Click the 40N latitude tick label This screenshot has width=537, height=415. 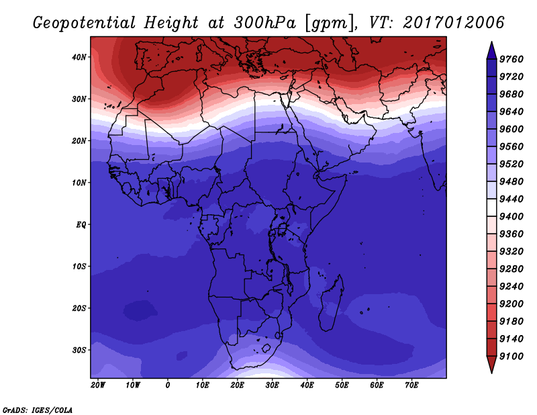click(x=79, y=57)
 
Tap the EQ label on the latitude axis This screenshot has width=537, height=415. click(x=81, y=225)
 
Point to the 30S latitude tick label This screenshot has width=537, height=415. click(x=79, y=351)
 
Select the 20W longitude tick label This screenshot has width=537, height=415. click(x=98, y=385)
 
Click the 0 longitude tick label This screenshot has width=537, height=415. click(x=167, y=385)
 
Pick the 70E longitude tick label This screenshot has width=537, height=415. click(x=411, y=385)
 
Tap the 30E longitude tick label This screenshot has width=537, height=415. click(x=272, y=385)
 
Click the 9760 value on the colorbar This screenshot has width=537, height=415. click(x=511, y=59)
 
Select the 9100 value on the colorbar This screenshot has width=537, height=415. click(x=511, y=357)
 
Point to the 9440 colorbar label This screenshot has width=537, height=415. click(x=511, y=199)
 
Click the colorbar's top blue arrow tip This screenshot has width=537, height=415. click(x=491, y=42)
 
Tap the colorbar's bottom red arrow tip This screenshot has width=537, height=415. click(x=491, y=373)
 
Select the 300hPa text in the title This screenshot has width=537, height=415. click(x=264, y=23)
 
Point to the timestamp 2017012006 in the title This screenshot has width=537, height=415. click(x=454, y=23)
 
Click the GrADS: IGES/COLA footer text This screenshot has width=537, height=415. click(x=38, y=410)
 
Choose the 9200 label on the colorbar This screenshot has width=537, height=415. click(x=511, y=304)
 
